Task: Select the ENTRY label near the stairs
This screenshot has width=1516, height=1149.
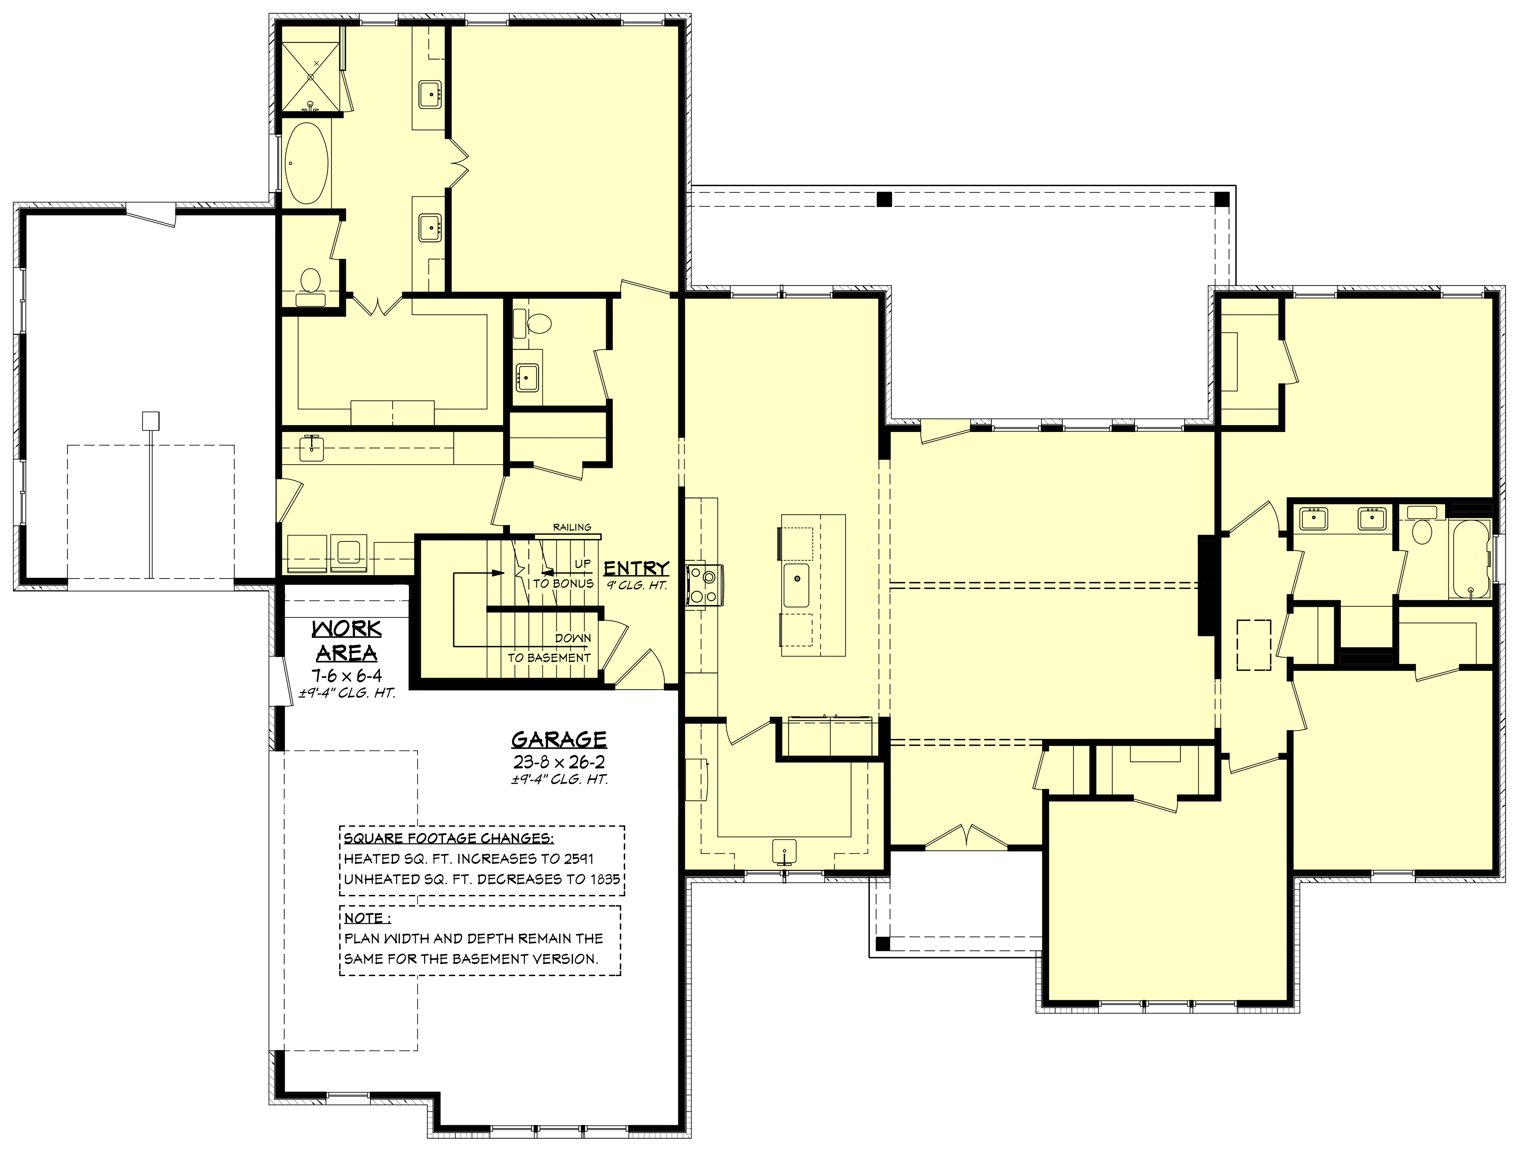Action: click(636, 568)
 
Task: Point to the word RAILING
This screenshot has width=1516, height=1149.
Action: click(572, 527)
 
